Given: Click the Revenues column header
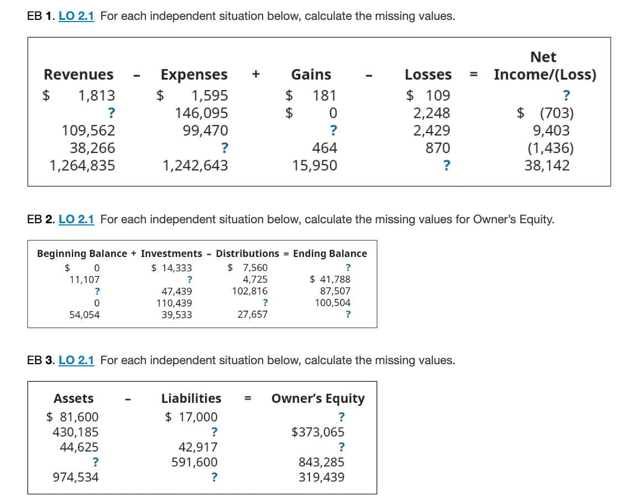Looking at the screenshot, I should coord(78,75).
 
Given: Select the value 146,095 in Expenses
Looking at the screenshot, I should coord(201,113).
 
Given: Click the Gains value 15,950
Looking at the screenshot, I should coord(315,165).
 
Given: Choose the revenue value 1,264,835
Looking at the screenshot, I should coord(82,165).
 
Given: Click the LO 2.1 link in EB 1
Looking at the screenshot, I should coord(76,16).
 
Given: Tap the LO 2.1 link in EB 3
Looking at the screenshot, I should coord(76,360).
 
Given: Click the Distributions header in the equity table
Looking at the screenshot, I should coord(247,254).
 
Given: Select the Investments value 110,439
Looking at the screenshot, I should coord(174,303).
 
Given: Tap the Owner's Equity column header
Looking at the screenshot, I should coord(318,398).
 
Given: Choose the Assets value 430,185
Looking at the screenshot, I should coord(75,432).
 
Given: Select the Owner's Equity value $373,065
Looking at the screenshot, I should coord(318,432).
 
